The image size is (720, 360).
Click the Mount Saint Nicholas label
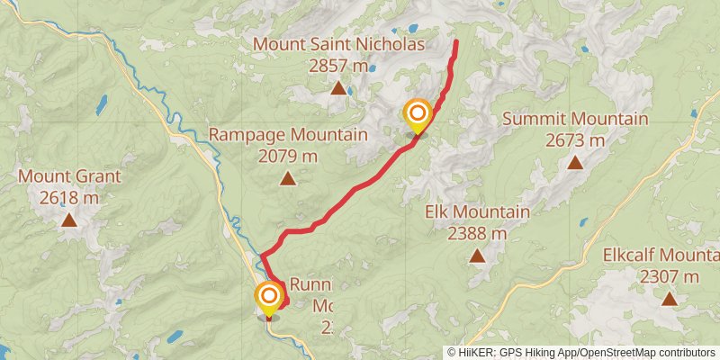(x=338, y=43)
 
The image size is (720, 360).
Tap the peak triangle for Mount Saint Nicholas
(x=338, y=87)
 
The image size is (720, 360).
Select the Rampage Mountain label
(x=288, y=135)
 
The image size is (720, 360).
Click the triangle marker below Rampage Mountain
(x=288, y=178)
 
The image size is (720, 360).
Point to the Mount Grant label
(x=68, y=176)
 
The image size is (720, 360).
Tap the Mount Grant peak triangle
(x=68, y=219)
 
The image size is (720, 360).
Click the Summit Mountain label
(x=575, y=119)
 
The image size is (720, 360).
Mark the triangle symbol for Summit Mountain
(x=575, y=162)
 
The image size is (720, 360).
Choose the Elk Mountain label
(x=477, y=212)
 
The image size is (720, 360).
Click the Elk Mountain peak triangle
(x=477, y=256)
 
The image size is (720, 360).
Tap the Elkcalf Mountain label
(x=661, y=255)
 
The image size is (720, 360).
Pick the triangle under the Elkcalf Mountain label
(x=669, y=298)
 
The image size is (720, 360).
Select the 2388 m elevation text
(x=477, y=234)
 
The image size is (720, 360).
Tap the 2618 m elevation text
(x=68, y=197)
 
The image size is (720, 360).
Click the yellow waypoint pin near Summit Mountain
(x=418, y=114)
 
